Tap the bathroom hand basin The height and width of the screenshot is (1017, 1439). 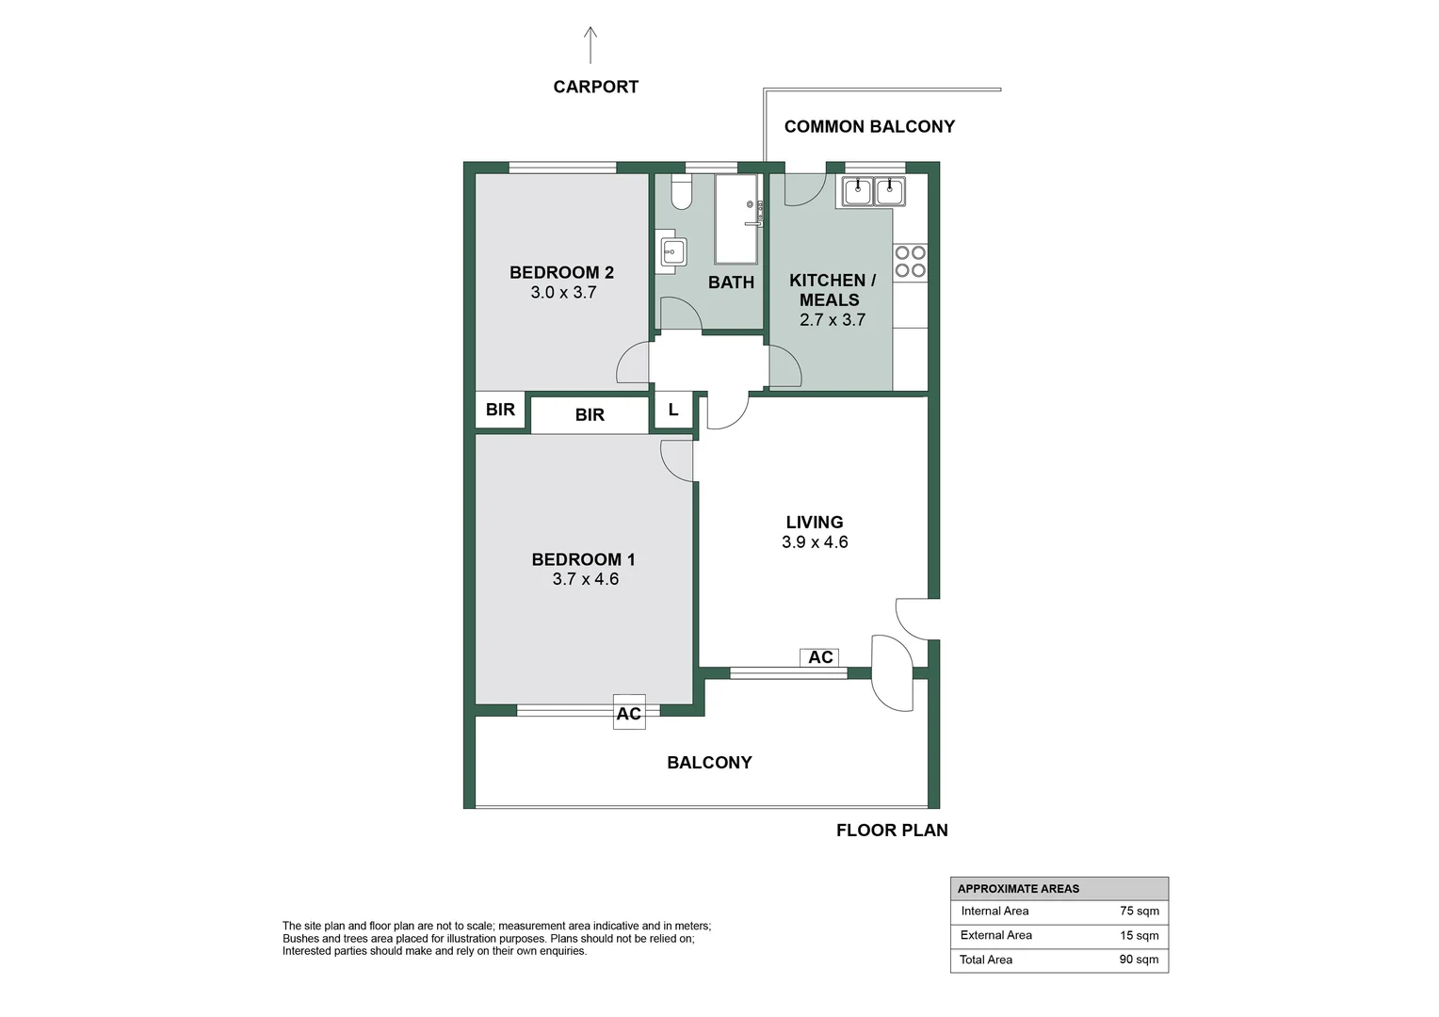[x=672, y=251]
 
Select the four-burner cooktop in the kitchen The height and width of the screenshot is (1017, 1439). [x=910, y=262]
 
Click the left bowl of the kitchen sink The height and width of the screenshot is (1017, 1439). [x=857, y=192]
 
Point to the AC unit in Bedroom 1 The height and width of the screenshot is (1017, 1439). [x=629, y=713]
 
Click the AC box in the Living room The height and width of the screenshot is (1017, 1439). [x=819, y=657]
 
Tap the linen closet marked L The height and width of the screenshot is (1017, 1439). [x=672, y=410]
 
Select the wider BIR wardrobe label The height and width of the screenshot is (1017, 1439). [x=590, y=414]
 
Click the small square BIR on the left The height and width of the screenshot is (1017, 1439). [x=500, y=410]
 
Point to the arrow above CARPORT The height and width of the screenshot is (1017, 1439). [x=590, y=45]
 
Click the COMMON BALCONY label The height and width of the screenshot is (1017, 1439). [x=869, y=126]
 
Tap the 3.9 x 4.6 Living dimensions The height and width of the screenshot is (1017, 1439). [x=815, y=542]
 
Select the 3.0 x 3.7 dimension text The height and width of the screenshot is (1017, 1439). [x=563, y=293]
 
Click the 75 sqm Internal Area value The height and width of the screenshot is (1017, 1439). [x=1140, y=911]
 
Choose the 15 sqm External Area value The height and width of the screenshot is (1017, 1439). [x=1140, y=935]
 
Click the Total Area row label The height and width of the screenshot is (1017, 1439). [x=986, y=960]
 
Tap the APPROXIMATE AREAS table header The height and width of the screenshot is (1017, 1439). [x=1018, y=888]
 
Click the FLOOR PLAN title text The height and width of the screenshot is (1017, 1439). [x=892, y=830]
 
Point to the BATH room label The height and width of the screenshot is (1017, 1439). [x=731, y=282]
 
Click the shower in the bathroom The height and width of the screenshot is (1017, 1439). [x=736, y=218]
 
